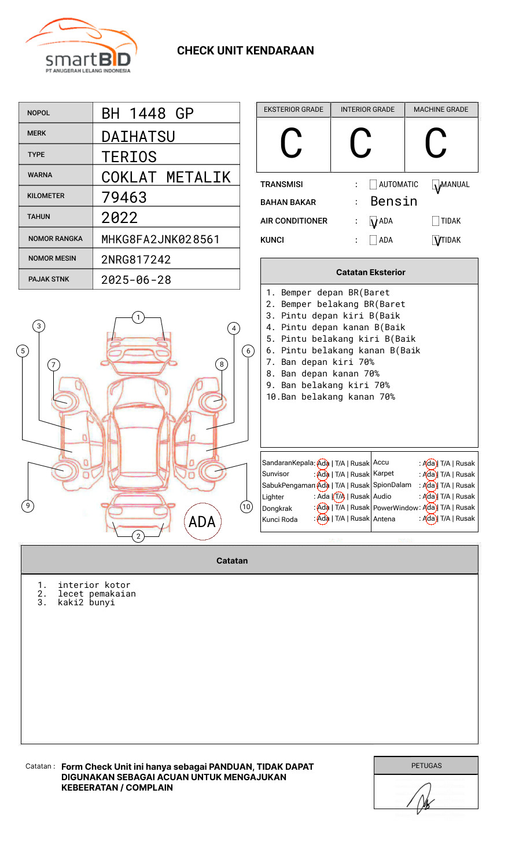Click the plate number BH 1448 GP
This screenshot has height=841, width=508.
pyautogui.click(x=147, y=114)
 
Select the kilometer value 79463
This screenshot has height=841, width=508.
pyautogui.click(x=124, y=198)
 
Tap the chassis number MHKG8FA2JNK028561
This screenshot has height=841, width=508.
pyautogui.click(x=160, y=239)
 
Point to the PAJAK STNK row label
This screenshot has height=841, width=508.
pyautogui.click(x=49, y=279)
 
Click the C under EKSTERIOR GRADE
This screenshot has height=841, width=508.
pyautogui.click(x=291, y=144)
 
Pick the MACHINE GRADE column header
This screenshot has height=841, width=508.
pyautogui.click(x=441, y=109)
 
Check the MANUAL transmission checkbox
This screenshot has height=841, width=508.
pyautogui.click(x=436, y=185)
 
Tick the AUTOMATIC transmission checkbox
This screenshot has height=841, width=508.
pyautogui.click(x=373, y=185)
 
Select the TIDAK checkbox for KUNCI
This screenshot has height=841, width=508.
pyautogui.click(x=436, y=240)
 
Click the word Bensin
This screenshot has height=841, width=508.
pyautogui.click(x=393, y=202)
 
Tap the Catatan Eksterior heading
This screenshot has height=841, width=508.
pyautogui.click(x=370, y=272)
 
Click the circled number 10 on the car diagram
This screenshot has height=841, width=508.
pyautogui.click(x=246, y=507)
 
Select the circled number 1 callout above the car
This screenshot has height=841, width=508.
pyautogui.click(x=138, y=317)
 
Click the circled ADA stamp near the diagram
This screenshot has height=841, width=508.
pyautogui.click(x=202, y=522)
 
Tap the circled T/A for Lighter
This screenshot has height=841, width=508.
pyautogui.click(x=340, y=496)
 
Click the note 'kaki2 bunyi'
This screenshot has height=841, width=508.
pyautogui.click(x=86, y=602)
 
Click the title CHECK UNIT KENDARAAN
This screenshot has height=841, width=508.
pyautogui.click(x=245, y=51)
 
